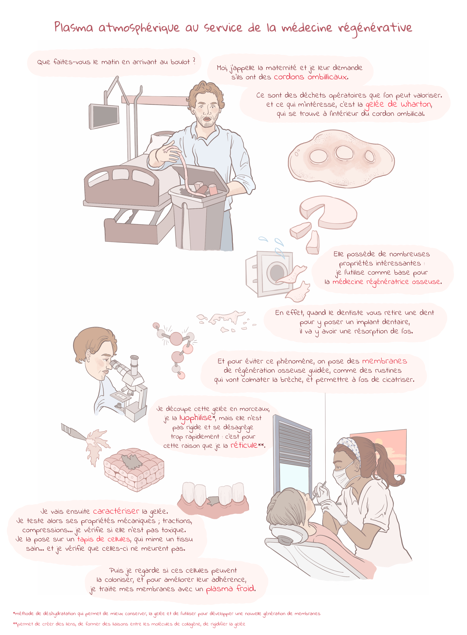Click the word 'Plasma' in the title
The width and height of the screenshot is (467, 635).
point(74,27)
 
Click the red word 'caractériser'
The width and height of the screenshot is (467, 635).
point(116,511)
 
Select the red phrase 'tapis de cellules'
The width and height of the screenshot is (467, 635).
point(104,539)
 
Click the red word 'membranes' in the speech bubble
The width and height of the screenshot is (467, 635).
point(384,361)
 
